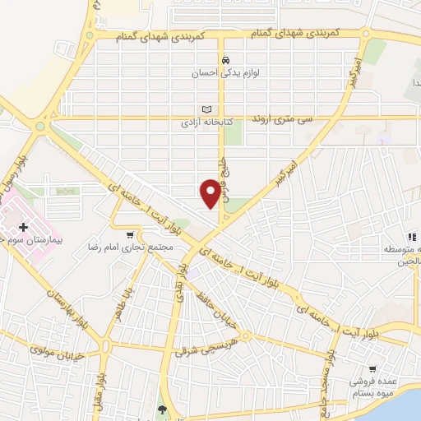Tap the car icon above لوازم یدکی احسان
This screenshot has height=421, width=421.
click(x=224, y=60)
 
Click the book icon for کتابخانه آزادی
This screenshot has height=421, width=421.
click(x=206, y=109)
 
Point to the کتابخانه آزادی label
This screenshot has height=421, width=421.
click(x=208, y=123)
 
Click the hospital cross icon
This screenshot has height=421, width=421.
click(x=23, y=226)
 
